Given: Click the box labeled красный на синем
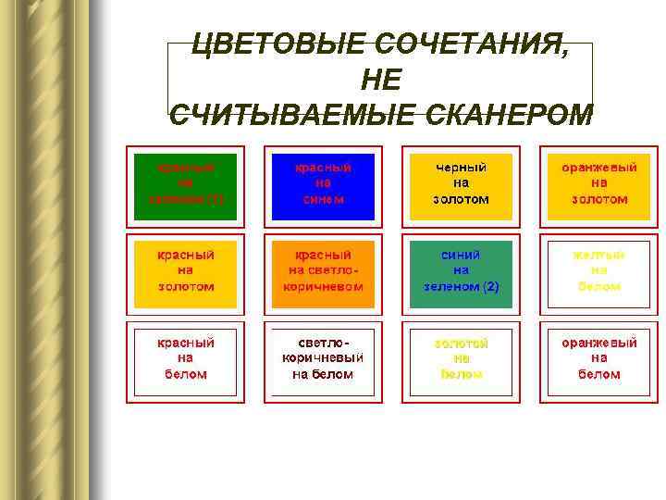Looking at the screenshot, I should (x=323, y=183).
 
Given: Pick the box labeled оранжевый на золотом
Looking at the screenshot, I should (x=599, y=183).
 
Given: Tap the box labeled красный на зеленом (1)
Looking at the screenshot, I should (x=185, y=183).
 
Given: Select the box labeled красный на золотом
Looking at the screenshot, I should (x=185, y=270).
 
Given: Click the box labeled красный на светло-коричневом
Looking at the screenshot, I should (x=323, y=270).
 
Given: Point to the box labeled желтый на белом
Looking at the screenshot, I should (x=599, y=270).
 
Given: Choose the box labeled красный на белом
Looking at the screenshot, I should (x=185, y=358).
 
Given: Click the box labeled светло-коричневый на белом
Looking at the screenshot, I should (x=323, y=358).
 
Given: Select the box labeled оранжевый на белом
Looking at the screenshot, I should (x=599, y=358).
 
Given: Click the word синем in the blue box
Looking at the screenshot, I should (x=323, y=199).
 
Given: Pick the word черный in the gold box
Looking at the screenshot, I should (x=462, y=168).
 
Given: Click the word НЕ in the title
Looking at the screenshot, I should (x=380, y=81).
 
